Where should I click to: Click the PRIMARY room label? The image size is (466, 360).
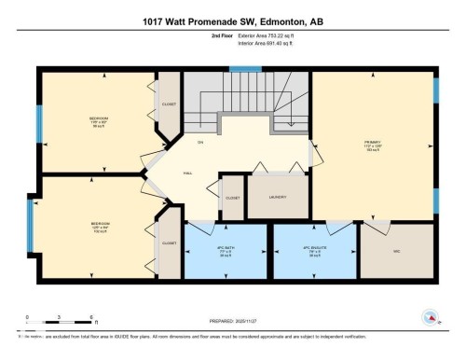click(x=373, y=144)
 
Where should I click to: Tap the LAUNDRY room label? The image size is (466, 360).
click(x=276, y=198)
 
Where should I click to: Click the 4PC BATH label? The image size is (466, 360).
click(x=222, y=250)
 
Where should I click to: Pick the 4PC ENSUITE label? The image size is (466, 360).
click(x=315, y=250)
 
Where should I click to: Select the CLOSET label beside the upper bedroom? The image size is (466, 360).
click(x=169, y=104)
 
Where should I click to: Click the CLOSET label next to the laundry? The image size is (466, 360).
click(x=231, y=199)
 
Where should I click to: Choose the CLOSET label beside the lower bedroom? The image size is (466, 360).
click(x=169, y=242)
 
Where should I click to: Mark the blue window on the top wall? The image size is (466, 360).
click(x=246, y=67)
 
